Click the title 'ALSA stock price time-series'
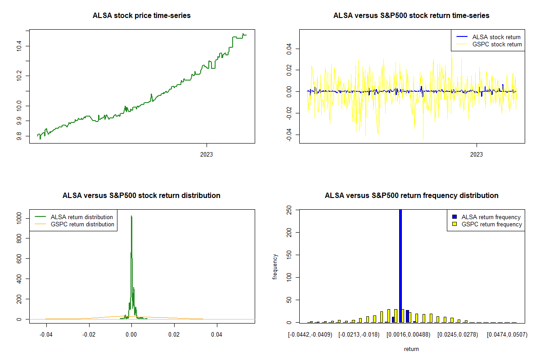pos(141,16)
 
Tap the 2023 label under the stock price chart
pos(206,155)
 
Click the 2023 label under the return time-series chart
pos(476,155)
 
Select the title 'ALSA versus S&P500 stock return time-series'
pos(411,16)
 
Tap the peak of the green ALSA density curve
pos(131,216)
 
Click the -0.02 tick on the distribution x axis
pos(89,335)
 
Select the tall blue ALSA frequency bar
pos(400,265)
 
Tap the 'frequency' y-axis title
pos(275,266)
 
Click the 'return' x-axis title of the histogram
pos(411,349)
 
